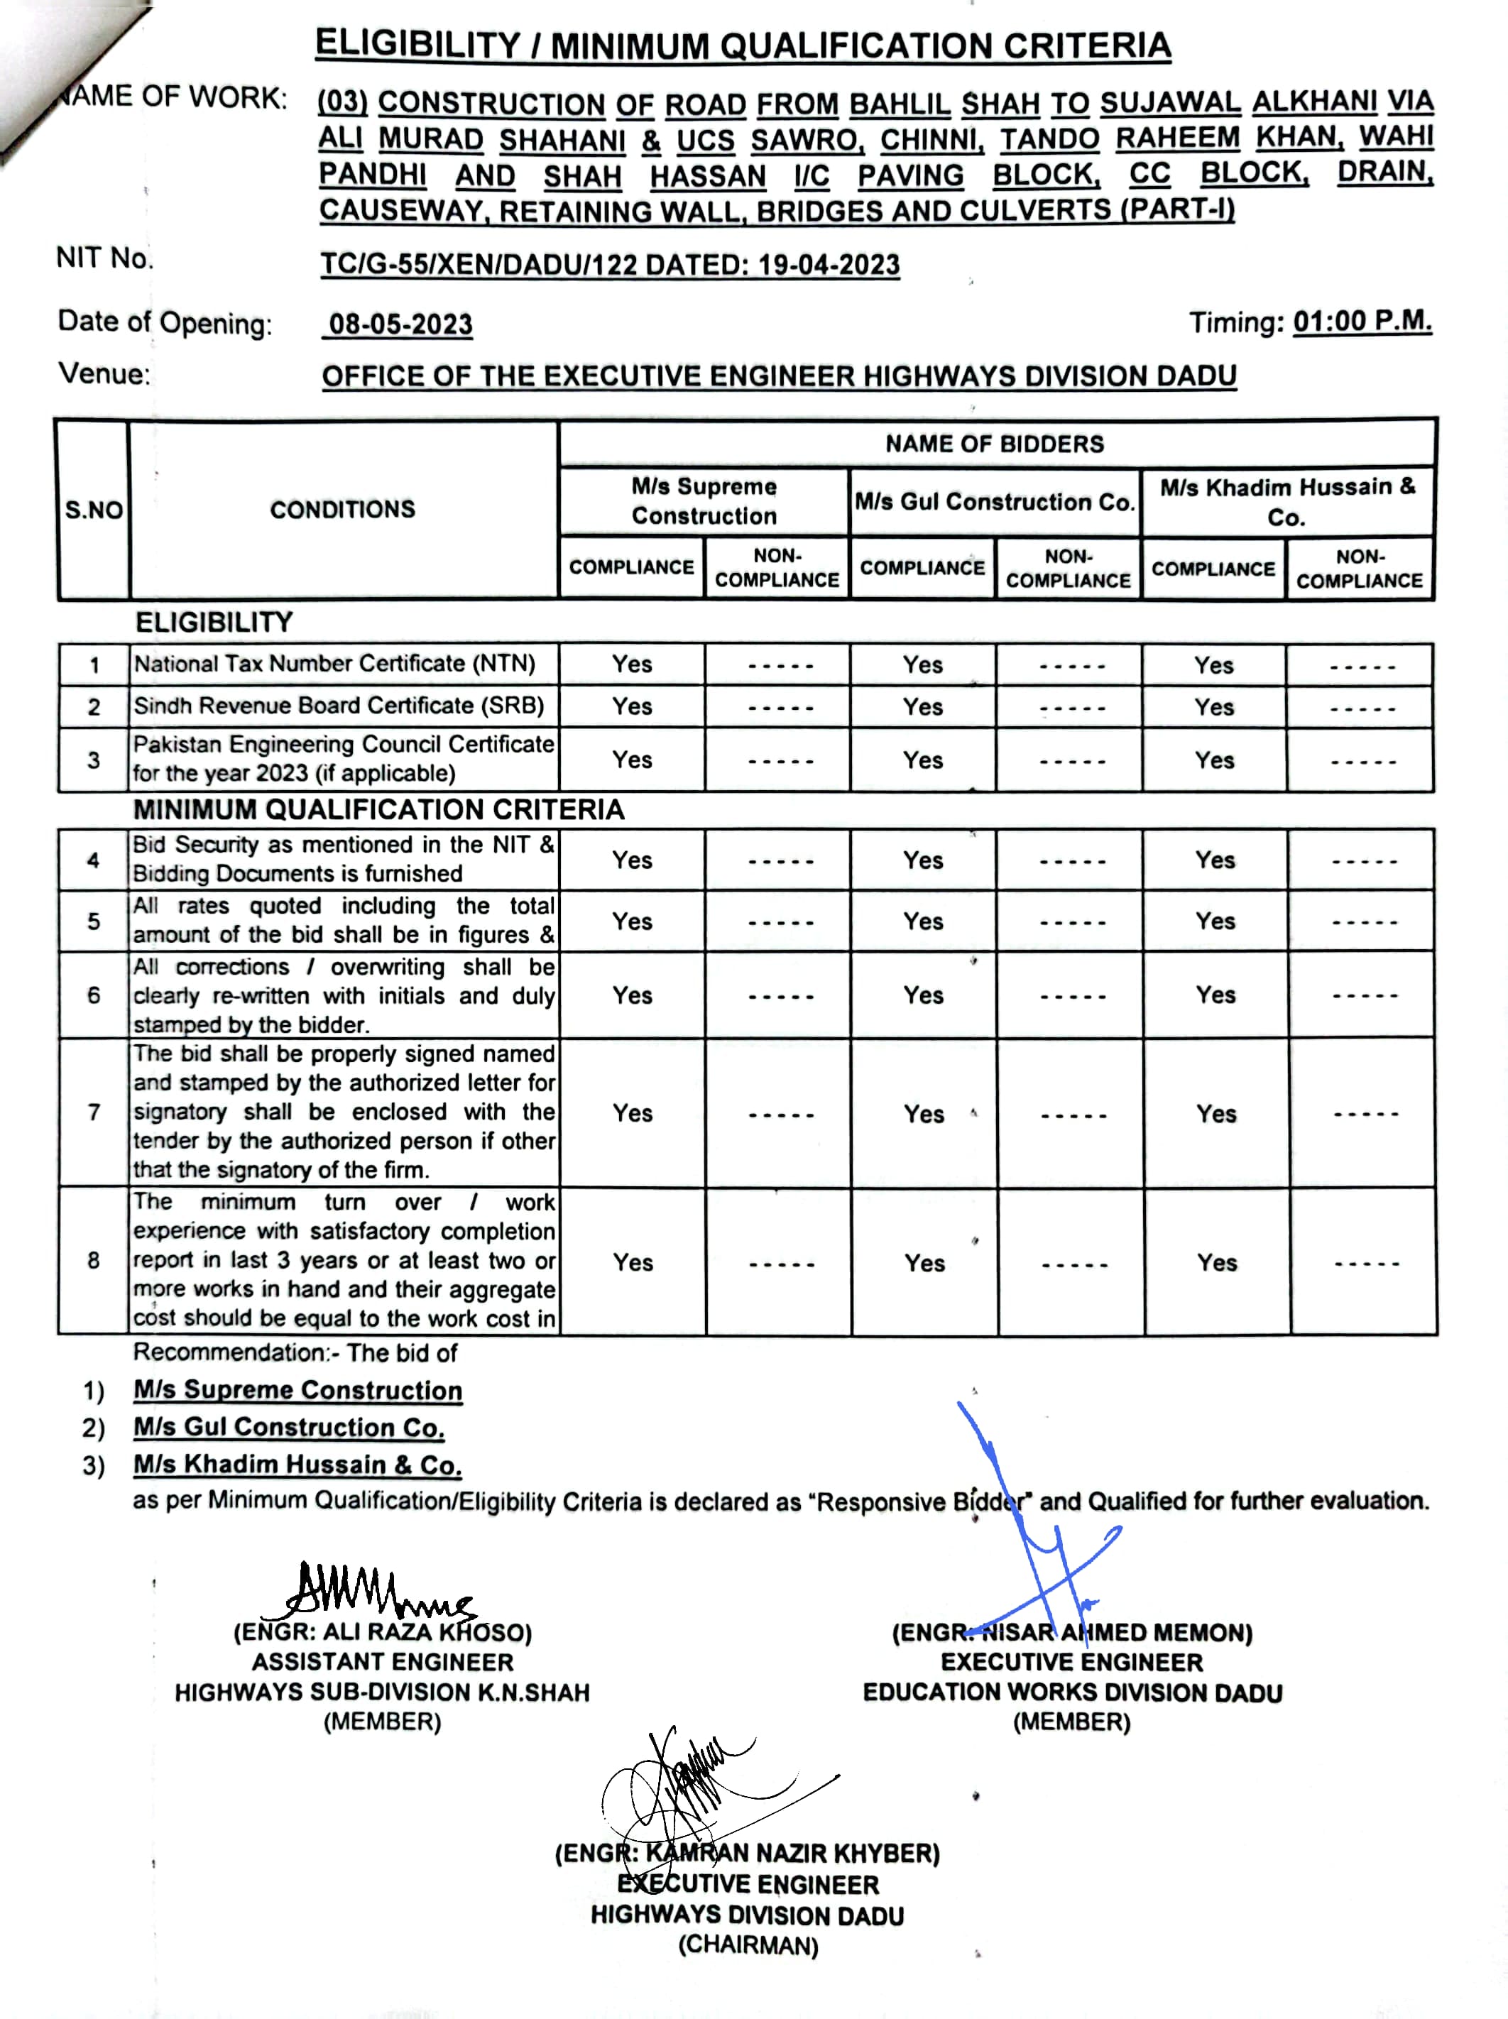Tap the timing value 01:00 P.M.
(x=1362, y=322)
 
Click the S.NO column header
(x=93, y=509)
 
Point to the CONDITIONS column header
(x=342, y=508)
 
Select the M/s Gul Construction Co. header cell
(x=994, y=502)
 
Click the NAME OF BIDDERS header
(x=994, y=444)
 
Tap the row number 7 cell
(x=93, y=1112)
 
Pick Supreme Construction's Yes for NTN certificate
(x=632, y=664)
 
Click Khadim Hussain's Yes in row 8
(x=1216, y=1262)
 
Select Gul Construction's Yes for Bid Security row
(x=923, y=860)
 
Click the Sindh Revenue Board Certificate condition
(x=339, y=706)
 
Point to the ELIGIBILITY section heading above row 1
(x=214, y=623)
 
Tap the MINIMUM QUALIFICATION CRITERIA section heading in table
(x=379, y=809)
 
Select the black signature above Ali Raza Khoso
(x=374, y=1593)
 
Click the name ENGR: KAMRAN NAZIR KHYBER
(x=747, y=1854)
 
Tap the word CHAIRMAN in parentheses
(x=748, y=1945)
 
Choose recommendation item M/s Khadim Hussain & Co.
(x=297, y=1465)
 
